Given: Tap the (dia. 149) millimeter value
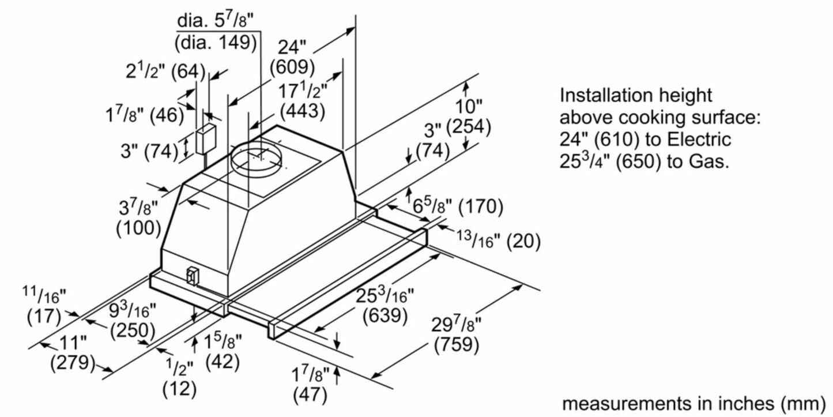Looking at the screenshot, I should (216, 42).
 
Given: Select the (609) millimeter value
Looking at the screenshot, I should (292, 67).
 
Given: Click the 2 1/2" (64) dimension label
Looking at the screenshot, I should (165, 72).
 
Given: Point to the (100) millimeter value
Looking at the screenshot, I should (138, 228).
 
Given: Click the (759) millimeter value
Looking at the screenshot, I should (457, 344).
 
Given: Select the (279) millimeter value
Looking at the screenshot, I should (72, 363).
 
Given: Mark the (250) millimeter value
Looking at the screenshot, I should (133, 332).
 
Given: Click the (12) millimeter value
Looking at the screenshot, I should (180, 389).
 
